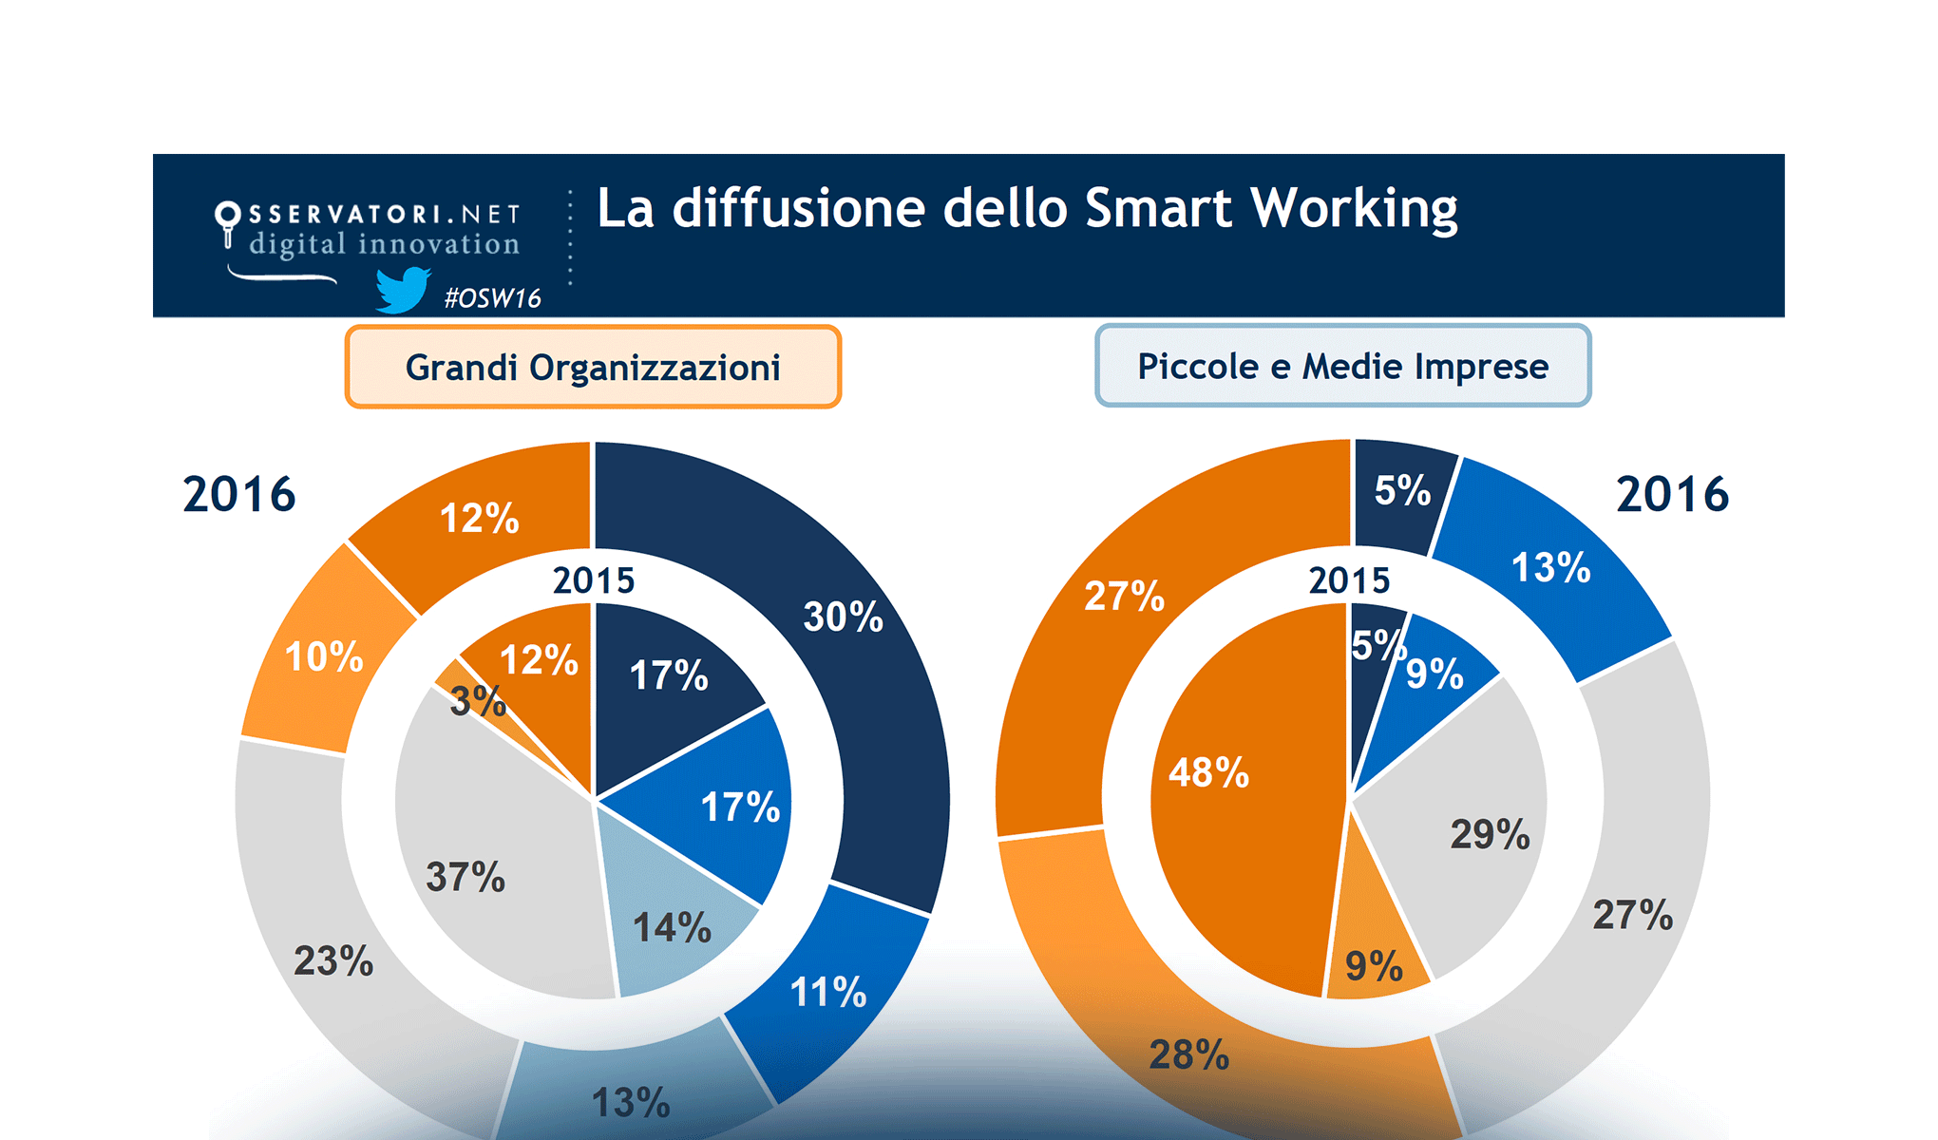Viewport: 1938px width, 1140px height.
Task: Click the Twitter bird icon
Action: point(403,289)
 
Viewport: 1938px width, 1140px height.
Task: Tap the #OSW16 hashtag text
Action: point(492,298)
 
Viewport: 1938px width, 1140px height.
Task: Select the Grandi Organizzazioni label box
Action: point(593,368)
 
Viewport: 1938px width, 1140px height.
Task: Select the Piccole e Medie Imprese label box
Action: point(1342,367)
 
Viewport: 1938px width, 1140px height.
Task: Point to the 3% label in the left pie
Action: point(477,702)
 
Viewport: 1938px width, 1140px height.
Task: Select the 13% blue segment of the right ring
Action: point(1550,568)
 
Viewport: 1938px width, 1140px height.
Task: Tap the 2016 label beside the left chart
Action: point(239,495)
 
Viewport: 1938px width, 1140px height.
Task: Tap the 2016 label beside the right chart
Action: point(1672,495)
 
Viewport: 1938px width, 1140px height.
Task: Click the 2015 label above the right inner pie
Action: point(1349,580)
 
